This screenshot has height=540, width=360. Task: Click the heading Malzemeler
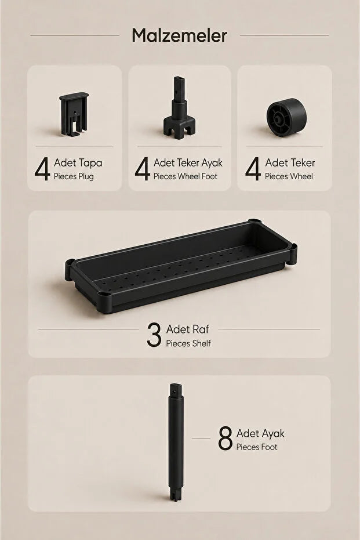[179, 35]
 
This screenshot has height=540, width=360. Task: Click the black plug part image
[74, 114]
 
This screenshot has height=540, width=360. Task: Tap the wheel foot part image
[179, 108]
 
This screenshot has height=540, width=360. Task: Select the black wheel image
[286, 117]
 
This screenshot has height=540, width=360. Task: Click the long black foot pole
[176, 442]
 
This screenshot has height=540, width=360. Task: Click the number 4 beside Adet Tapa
[42, 169]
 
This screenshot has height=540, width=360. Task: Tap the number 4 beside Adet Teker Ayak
[142, 169]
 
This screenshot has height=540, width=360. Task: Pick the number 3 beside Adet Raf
[154, 335]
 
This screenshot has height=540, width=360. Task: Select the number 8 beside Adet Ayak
[226, 438]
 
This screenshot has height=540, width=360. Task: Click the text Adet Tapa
[78, 162]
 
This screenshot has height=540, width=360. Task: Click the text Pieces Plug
[74, 177]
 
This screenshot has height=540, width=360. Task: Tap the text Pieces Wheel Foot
[185, 177]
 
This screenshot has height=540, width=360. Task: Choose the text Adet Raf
[188, 329]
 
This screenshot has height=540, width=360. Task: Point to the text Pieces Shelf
[188, 343]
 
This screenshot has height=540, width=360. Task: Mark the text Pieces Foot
[257, 447]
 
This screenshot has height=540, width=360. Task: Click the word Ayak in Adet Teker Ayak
[212, 163]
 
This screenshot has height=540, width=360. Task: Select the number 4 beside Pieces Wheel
[253, 169]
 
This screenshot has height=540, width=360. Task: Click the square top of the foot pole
[176, 390]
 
